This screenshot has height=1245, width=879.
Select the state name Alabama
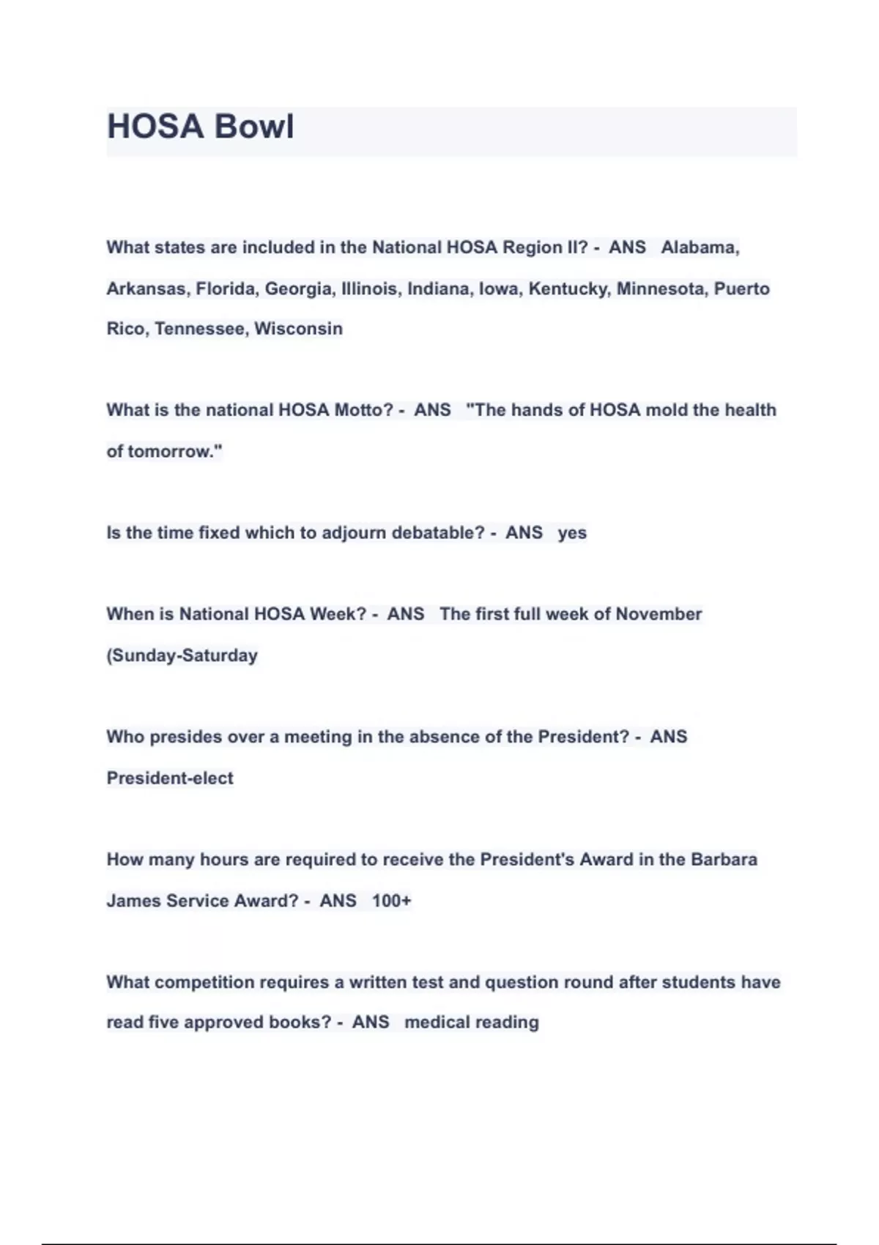click(x=699, y=248)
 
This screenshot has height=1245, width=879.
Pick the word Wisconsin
click(x=298, y=329)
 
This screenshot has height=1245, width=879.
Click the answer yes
click(x=572, y=533)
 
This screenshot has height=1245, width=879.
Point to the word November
click(x=659, y=614)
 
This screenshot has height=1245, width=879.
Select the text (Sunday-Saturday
click(x=182, y=655)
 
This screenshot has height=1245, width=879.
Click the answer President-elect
click(x=170, y=778)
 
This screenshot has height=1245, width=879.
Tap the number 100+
click(x=391, y=900)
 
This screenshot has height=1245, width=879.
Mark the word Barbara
click(x=724, y=859)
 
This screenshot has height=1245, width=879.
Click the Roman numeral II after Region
click(x=578, y=248)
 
